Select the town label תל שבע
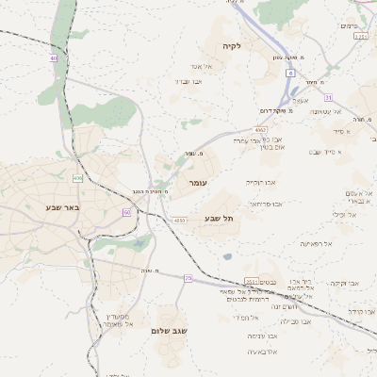[219, 219]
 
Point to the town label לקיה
[232, 45]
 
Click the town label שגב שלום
[170, 331]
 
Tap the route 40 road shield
[54, 58]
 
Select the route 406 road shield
[77, 177]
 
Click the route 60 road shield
[126, 212]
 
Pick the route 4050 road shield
[179, 221]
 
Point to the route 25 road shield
[188, 278]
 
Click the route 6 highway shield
[291, 72]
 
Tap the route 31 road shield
[328, 97]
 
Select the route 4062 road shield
[260, 130]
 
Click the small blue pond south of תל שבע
[227, 255]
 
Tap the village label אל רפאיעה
[316, 243]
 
